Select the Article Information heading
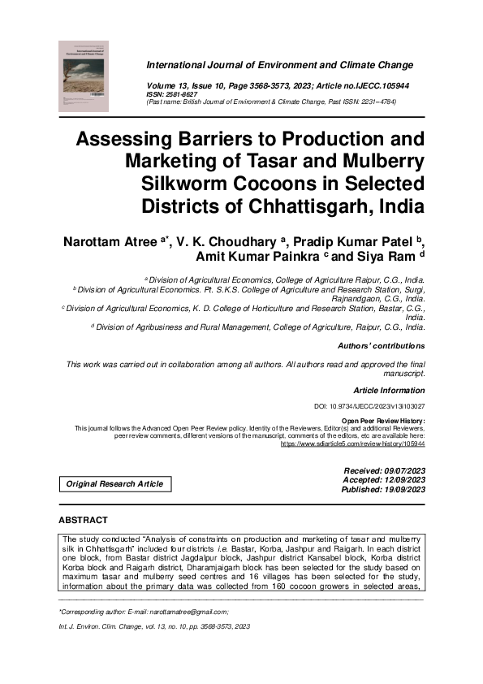point(390,390)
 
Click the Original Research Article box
point(114,484)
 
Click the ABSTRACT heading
point(83,519)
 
